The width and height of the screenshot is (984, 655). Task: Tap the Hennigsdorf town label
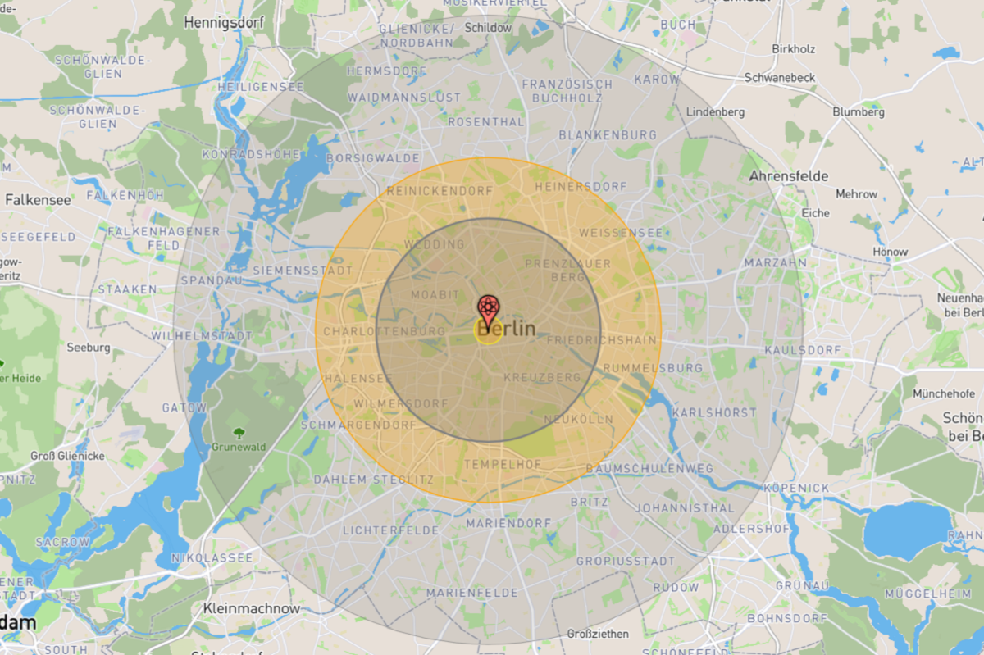click(x=224, y=23)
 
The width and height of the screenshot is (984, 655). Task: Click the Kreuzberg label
click(x=541, y=377)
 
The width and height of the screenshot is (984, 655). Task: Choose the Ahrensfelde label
click(x=788, y=176)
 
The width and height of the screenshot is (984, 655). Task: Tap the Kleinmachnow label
click(x=251, y=609)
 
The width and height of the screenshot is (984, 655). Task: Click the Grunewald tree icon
click(x=239, y=433)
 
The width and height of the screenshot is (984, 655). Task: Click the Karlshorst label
click(x=714, y=413)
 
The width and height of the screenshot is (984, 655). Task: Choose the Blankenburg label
click(x=607, y=134)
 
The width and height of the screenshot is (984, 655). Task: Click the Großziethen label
click(x=598, y=634)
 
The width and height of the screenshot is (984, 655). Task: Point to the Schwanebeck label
click(x=779, y=78)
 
